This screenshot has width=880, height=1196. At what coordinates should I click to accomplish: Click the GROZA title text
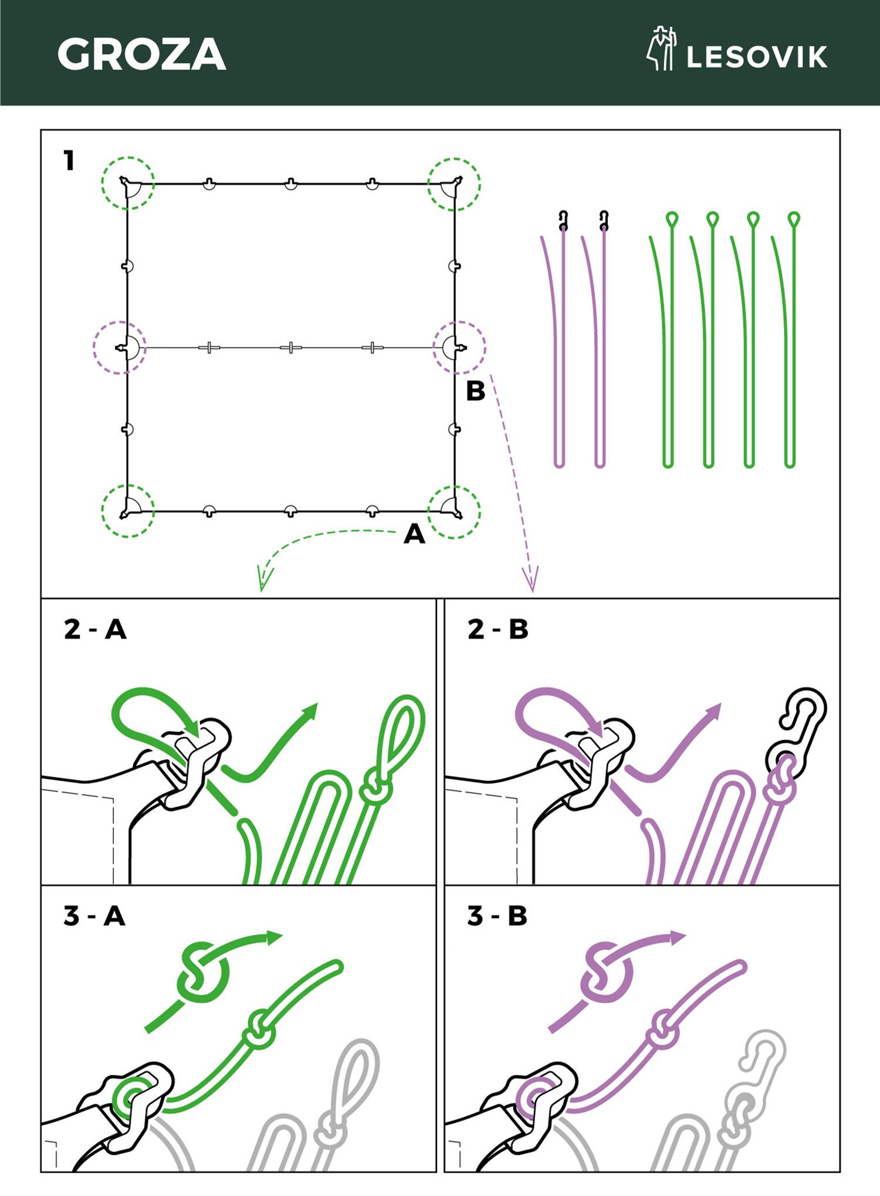coord(141,55)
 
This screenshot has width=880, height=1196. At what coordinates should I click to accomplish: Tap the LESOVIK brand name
coord(757,57)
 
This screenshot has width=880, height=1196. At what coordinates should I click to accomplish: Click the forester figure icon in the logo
coord(662,49)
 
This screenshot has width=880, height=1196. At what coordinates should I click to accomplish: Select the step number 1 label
coord(69,160)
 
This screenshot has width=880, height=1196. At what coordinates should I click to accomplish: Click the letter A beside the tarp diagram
coord(414,534)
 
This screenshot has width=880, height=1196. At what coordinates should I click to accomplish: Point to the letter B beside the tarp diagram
coord(475,391)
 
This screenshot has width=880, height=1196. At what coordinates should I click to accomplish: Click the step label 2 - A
coord(95,630)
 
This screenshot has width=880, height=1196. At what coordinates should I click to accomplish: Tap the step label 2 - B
coord(498,630)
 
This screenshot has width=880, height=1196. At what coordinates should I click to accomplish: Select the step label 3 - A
coord(94,916)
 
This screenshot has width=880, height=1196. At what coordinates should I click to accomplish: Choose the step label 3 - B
coord(497,916)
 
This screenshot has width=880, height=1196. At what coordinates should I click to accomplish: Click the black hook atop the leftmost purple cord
coord(563,220)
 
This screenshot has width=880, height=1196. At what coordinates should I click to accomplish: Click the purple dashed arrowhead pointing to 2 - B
coord(532,580)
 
